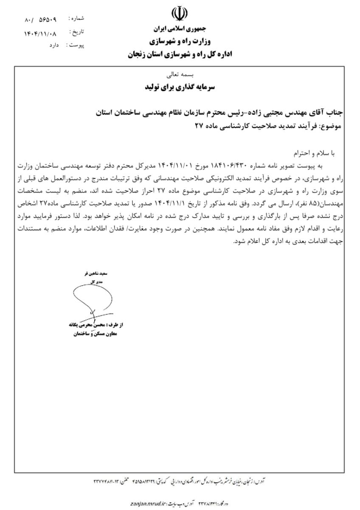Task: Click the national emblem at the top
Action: [x=179, y=14]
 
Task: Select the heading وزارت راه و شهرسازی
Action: [x=179, y=42]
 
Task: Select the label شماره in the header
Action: [x=77, y=18]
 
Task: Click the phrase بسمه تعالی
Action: [x=180, y=75]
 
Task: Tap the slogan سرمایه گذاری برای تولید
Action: [x=180, y=87]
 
